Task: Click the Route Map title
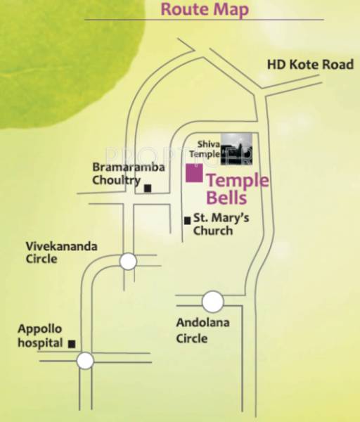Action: [204, 10]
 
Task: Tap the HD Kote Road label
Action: [309, 65]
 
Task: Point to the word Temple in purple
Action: [238, 180]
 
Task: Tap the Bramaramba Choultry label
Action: [129, 173]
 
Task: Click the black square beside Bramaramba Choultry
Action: [148, 188]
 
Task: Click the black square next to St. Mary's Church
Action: [187, 220]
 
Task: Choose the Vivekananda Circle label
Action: [61, 252]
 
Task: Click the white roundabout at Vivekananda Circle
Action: [128, 262]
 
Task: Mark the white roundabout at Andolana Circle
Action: [212, 302]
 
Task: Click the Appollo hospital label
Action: [41, 336]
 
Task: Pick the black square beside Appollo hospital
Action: [72, 344]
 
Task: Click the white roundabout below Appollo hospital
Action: [85, 362]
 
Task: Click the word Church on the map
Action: [213, 231]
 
